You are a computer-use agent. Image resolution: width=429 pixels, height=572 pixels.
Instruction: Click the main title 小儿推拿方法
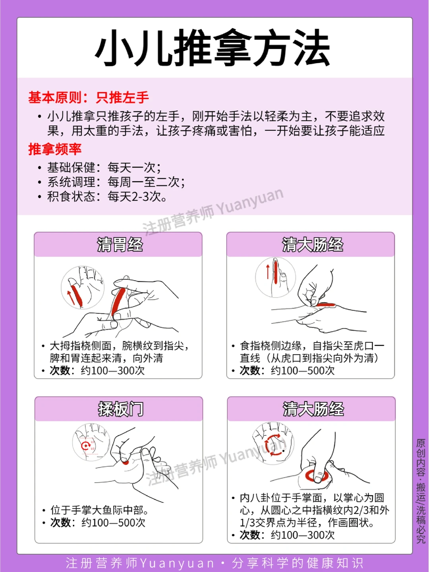coord(213,48)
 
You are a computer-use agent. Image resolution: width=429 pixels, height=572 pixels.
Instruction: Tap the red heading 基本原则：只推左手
coord(89,98)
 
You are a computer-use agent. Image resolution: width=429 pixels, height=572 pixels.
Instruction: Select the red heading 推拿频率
coord(55,149)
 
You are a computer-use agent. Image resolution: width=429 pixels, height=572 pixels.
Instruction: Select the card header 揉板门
coord(121,409)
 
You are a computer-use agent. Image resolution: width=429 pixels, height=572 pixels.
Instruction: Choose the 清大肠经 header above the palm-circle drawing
coord(313,409)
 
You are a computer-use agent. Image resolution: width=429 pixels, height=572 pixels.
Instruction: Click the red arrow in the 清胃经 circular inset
coord(71,298)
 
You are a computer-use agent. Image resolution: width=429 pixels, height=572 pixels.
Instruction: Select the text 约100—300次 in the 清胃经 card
coord(112,370)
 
